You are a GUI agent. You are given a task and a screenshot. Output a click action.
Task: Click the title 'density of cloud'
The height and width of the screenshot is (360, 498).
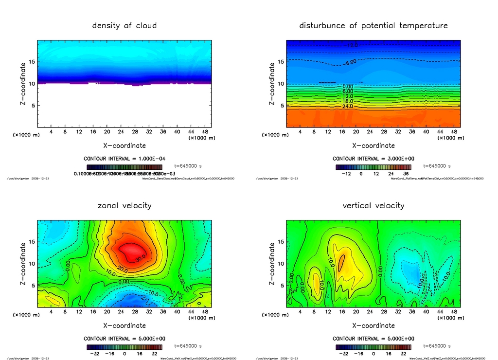(x=124, y=25)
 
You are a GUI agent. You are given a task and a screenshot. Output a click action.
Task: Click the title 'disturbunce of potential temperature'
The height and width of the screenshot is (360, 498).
(x=373, y=25)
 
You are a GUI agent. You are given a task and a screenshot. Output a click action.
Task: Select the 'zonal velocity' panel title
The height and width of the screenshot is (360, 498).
(x=124, y=205)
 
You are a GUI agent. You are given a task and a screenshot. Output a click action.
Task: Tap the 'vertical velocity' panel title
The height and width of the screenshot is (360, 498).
(x=373, y=205)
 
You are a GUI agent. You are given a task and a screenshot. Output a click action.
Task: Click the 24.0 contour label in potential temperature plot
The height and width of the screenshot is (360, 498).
(x=347, y=106)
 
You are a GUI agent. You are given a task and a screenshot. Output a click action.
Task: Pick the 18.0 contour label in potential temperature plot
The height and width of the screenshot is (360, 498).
(x=347, y=101)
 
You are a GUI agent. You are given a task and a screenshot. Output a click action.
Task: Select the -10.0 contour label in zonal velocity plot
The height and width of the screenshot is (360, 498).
(x=154, y=293)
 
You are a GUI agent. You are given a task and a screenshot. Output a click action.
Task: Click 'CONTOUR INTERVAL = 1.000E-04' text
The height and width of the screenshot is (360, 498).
(x=124, y=159)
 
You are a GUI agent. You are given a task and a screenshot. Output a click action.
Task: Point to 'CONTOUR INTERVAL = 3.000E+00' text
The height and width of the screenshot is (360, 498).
(x=373, y=159)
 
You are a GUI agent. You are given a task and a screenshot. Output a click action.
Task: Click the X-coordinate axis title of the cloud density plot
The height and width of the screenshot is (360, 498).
(x=124, y=145)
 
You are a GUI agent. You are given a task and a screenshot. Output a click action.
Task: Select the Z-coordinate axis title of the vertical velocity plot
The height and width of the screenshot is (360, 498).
(x=272, y=263)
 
